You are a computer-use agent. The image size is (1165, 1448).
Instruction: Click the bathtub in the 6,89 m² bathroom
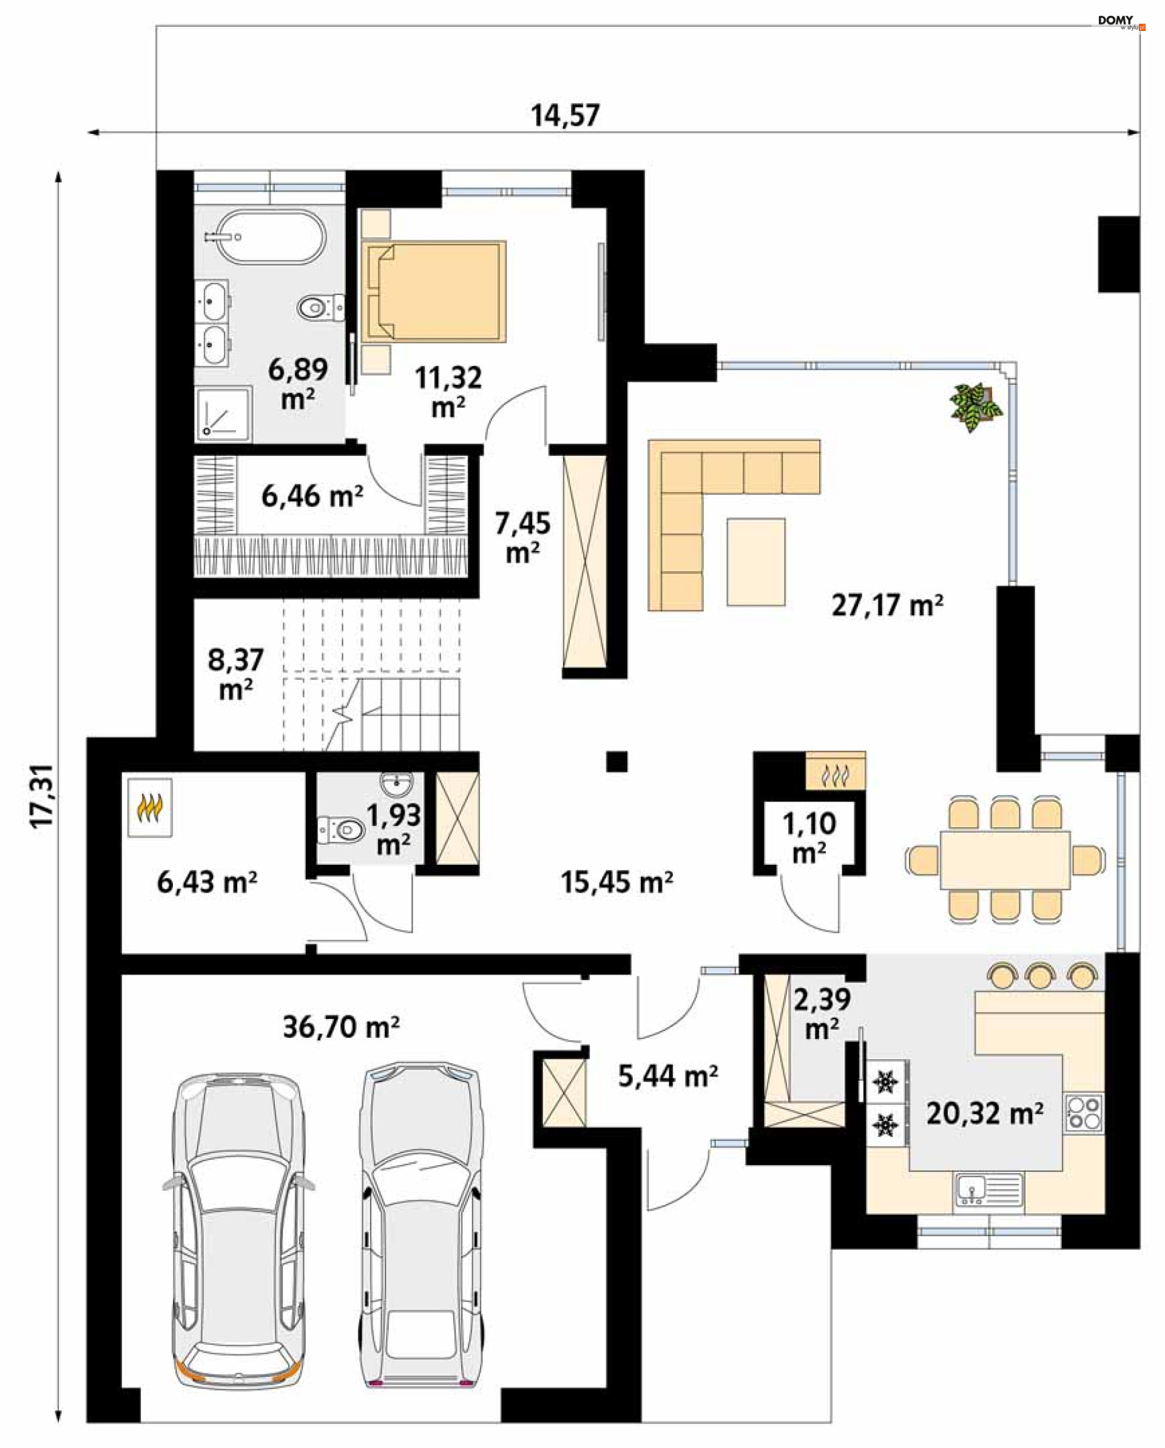coord(265,238)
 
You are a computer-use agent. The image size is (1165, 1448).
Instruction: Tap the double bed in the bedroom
coord(433,291)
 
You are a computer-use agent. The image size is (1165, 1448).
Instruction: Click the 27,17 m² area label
coord(887,605)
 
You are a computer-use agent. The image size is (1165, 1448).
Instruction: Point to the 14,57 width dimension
coord(566,115)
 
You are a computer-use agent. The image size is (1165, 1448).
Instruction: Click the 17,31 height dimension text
coord(43,797)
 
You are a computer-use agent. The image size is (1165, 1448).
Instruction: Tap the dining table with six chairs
coord(1005,859)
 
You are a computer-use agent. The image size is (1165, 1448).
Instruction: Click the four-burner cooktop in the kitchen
coord(1084,1112)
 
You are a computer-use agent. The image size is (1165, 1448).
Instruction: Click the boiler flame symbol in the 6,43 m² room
coord(150,807)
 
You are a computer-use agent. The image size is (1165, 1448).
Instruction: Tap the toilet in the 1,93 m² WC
coord(340,830)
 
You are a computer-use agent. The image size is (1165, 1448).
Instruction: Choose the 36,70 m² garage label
coord(341,1027)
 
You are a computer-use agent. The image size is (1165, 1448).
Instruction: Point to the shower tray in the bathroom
coord(224,414)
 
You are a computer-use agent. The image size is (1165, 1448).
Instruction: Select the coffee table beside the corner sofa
coord(756,562)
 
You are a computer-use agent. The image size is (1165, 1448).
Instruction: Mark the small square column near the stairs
coord(617,761)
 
